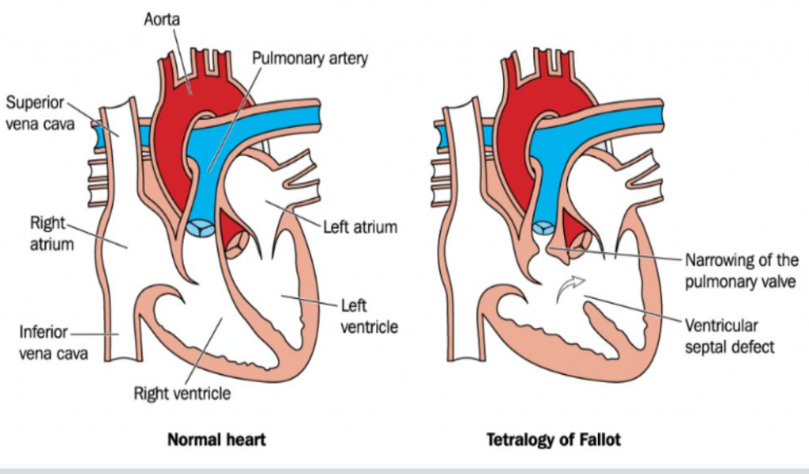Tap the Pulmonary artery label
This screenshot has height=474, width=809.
pos(310,59)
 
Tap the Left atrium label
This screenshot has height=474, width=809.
pos(359,227)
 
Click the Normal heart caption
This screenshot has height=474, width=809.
pos(217,440)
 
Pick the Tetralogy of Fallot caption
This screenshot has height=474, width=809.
pos(554,440)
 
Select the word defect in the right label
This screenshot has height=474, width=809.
pos(753,347)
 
